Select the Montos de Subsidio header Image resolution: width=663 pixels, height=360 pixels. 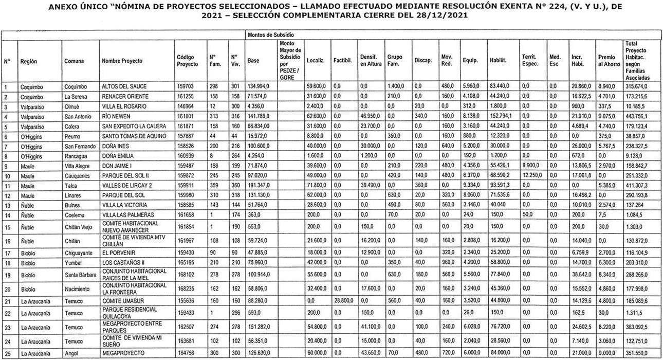tap(271, 34)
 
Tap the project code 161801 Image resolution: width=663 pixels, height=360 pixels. tap(187, 116)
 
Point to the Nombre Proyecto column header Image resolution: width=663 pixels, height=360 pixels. tap(122, 61)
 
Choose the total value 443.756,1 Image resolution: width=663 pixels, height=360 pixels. tap(637, 116)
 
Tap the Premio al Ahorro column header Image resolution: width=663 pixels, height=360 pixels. tap(610, 60)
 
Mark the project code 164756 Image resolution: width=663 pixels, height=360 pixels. tap(187, 354)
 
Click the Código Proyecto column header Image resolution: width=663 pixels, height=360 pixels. tap(187, 61)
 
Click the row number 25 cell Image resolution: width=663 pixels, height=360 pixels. tap(8, 354)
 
